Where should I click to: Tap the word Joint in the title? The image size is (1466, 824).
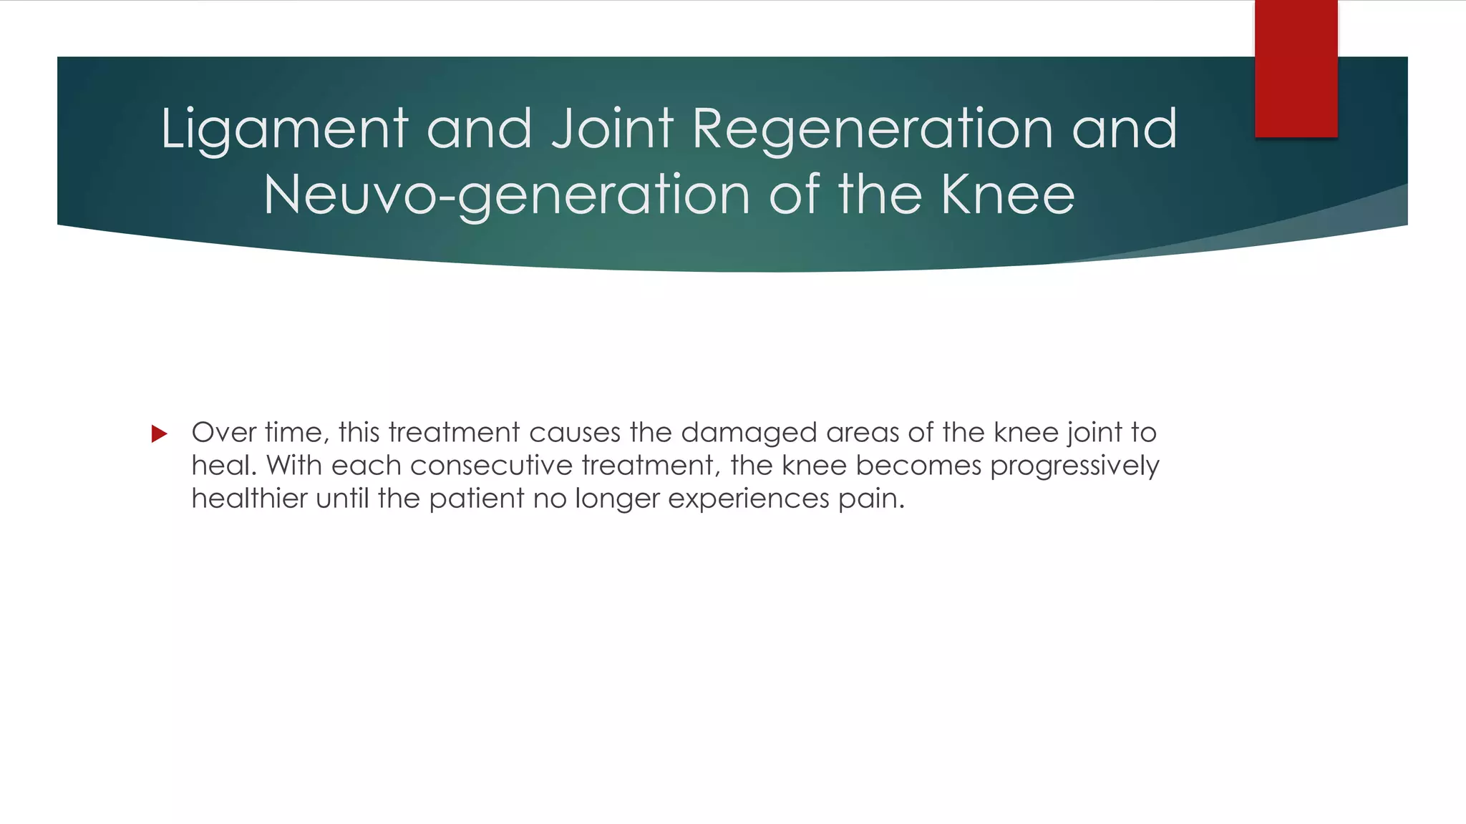[613, 129]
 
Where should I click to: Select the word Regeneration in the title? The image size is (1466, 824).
[873, 129]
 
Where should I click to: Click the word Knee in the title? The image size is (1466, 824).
[1008, 195]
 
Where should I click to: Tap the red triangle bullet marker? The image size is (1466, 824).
[160, 433]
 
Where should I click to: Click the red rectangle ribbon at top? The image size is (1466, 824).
[1296, 69]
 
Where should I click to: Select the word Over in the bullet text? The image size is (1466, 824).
[223, 432]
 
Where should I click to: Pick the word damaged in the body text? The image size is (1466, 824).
[748, 433]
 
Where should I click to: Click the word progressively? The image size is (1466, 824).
[1074, 466]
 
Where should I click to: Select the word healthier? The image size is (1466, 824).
[249, 498]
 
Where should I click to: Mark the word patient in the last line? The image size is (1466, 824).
[476, 499]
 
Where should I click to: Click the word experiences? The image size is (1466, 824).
[748, 499]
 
